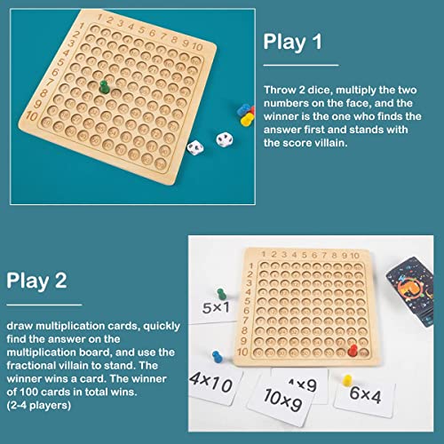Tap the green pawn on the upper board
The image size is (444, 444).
point(102,87)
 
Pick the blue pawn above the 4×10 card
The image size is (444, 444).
point(218,350)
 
